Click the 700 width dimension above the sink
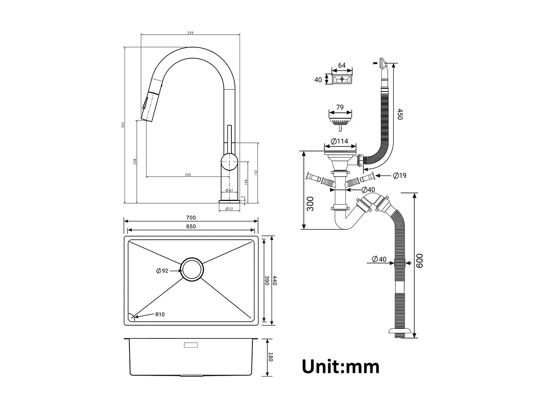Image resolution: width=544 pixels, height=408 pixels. pos(191,218)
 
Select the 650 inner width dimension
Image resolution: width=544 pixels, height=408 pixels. pos(191,227)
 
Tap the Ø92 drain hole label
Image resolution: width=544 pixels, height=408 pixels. pos(162,271)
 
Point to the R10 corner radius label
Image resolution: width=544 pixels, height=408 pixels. pos(160,314)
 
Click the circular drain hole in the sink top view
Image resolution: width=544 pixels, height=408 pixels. pos(192,269)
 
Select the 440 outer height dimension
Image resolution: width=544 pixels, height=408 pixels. pos(275,280)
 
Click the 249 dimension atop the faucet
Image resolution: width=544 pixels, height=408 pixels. pos(190,33)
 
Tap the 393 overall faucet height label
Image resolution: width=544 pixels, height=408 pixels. pos(123,125)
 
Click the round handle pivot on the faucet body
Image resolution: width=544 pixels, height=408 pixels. pos(229,161)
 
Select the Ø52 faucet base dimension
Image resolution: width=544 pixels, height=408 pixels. pos(229,209)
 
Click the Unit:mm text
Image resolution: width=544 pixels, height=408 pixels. pos(341,367)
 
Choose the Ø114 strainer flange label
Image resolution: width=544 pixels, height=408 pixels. pos(339,141)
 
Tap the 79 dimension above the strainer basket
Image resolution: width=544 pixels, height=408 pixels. pos(340,107)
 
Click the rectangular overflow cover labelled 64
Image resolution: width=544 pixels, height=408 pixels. pos(342,78)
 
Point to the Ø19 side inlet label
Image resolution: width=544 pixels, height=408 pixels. pos(400,176)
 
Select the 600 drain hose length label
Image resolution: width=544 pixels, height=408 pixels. pos(420,261)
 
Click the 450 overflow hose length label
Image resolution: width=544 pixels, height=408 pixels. pos(400,114)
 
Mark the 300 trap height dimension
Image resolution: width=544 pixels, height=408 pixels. pos(310,203)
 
